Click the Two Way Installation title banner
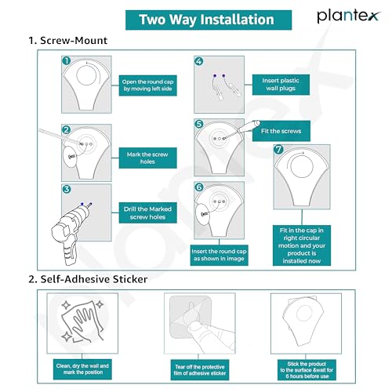[x=209, y=20]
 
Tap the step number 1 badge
[x=67, y=61]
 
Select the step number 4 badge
[x=199, y=61]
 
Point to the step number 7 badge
[x=278, y=149]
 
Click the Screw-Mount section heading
[x=68, y=41]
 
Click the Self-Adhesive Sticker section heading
[x=88, y=279]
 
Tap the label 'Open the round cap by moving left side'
[x=147, y=85]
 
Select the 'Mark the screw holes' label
[x=147, y=158]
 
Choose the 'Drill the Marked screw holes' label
[x=147, y=212]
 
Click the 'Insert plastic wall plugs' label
[x=281, y=85]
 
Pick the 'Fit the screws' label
[x=281, y=131]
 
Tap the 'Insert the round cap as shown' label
[x=219, y=255]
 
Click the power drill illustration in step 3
[x=68, y=233]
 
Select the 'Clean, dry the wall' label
[x=82, y=369]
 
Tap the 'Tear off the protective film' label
[x=200, y=370]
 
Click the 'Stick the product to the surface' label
[x=307, y=370]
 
